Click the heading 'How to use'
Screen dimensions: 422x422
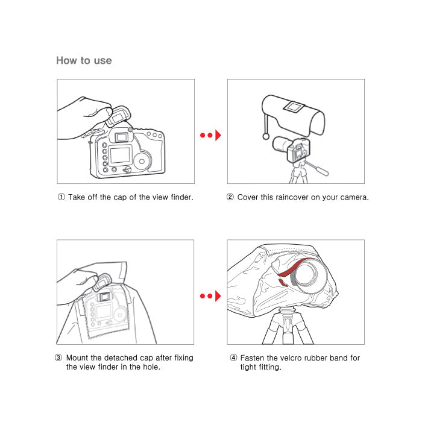pos(84,60)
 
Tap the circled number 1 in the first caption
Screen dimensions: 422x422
pos(61,197)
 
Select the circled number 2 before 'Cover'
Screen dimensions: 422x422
pos(230,197)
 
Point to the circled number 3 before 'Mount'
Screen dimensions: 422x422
pos(58,357)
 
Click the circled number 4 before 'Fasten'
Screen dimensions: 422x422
pos(233,357)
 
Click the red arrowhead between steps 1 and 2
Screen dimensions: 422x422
pos(218,135)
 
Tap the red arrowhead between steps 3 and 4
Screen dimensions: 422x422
pos(218,296)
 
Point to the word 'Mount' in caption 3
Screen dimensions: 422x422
pos(77,358)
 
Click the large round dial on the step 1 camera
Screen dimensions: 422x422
pos(142,162)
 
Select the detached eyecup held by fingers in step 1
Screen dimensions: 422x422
pos(118,116)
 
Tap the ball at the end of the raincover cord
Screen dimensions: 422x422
pos(266,136)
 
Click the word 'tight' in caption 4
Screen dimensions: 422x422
pos(248,367)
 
